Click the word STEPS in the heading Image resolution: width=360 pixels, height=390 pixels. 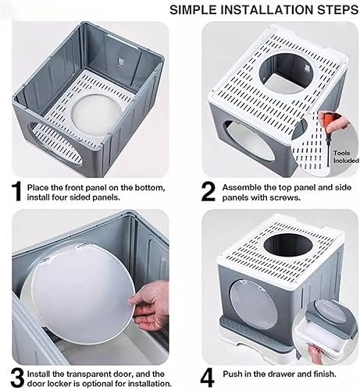click(x=330, y=9)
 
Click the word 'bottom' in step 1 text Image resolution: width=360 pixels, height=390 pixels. click(x=144, y=187)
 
